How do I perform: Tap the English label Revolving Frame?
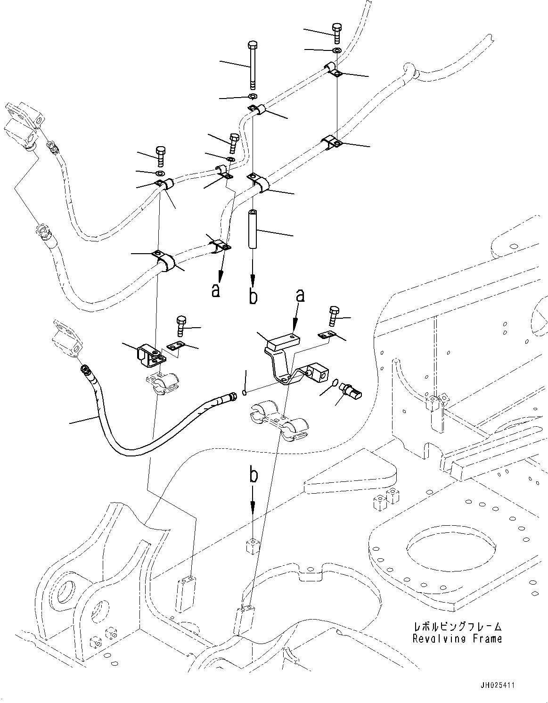(457, 639)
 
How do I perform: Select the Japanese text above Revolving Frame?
(457, 627)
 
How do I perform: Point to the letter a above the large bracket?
(299, 296)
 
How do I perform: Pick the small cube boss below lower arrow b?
(254, 546)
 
